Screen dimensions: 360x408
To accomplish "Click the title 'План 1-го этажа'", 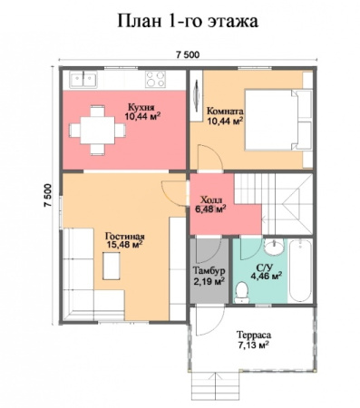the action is (188, 21).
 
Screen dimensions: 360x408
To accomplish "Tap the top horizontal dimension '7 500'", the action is (188, 55).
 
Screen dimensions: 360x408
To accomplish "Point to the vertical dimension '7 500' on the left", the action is (48, 195).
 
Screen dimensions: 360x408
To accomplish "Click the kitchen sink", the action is (83, 80).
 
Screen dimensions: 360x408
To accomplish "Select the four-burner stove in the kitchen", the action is (155, 79).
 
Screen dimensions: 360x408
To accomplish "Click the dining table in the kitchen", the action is (97, 131).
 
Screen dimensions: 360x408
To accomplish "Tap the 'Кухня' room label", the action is (141, 107).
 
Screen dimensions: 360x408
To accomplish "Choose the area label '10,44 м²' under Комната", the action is (225, 121).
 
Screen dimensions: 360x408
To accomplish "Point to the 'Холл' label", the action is (211, 199).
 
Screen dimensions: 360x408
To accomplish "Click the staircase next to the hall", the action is (274, 204).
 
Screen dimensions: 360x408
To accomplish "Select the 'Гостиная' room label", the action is (124, 236).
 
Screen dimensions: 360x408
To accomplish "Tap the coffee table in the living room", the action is (112, 266).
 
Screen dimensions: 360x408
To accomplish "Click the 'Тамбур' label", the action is (209, 270).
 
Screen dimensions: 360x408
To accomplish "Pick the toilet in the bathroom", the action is (241, 292).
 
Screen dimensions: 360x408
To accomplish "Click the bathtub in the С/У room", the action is (300, 270).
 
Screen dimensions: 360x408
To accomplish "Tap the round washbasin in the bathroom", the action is (274, 247).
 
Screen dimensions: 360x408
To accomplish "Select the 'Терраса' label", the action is (254, 335).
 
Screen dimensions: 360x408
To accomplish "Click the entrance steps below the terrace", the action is (216, 383).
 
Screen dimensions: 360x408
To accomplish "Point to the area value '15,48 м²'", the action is (124, 245).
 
